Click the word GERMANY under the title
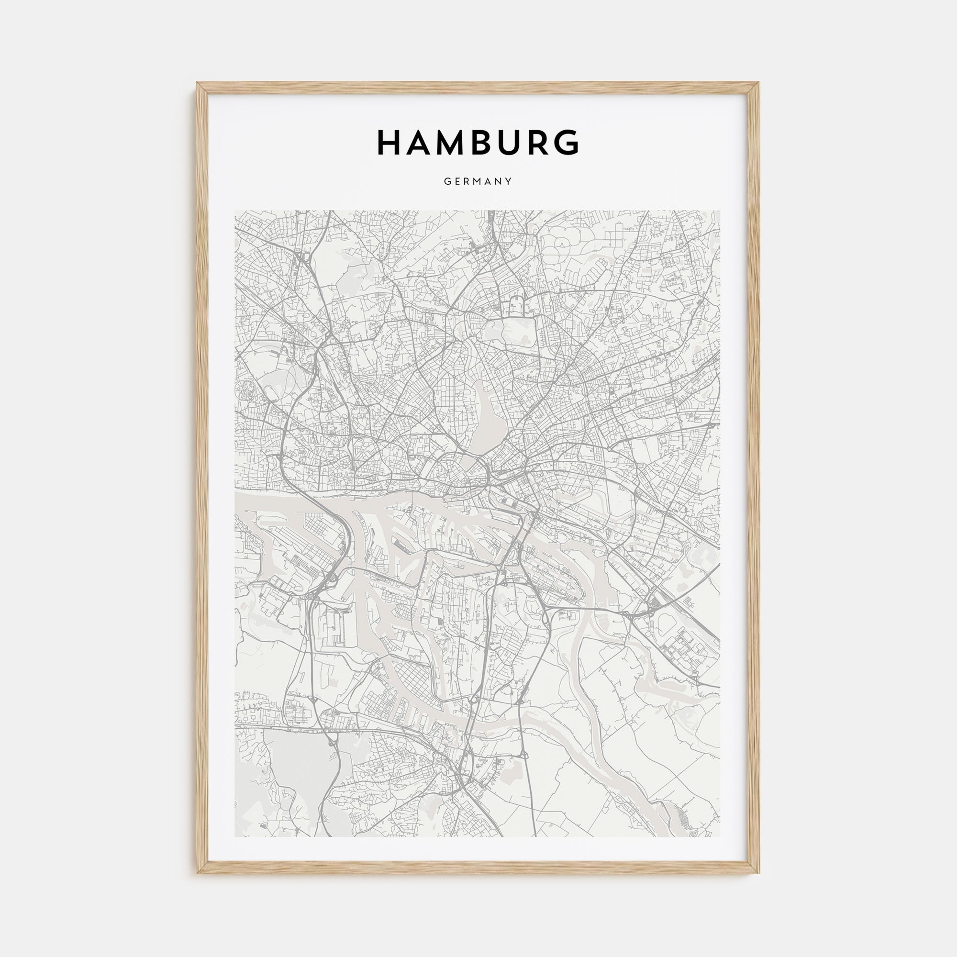(478, 182)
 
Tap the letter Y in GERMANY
(509, 182)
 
